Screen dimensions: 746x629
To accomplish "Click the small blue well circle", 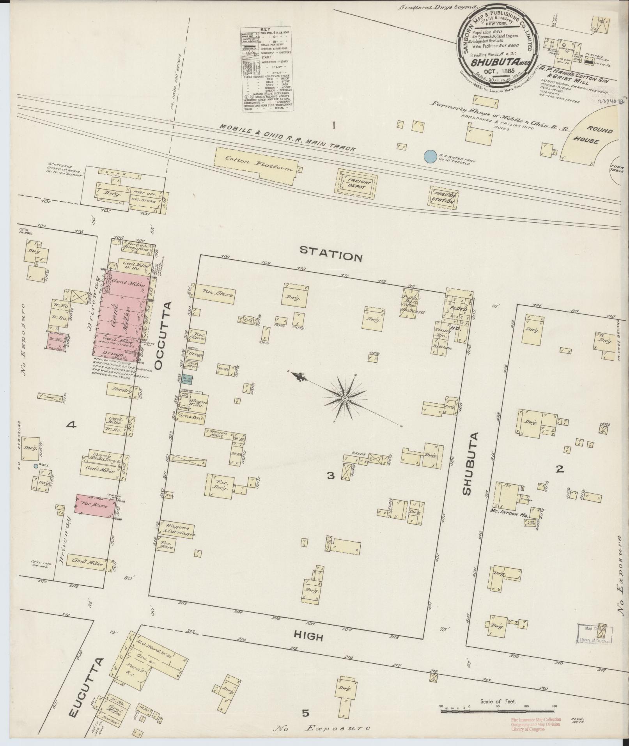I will [x=36, y=466].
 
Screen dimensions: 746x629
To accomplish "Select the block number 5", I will [x=305, y=713].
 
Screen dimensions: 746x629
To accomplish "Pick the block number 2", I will [x=560, y=469].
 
